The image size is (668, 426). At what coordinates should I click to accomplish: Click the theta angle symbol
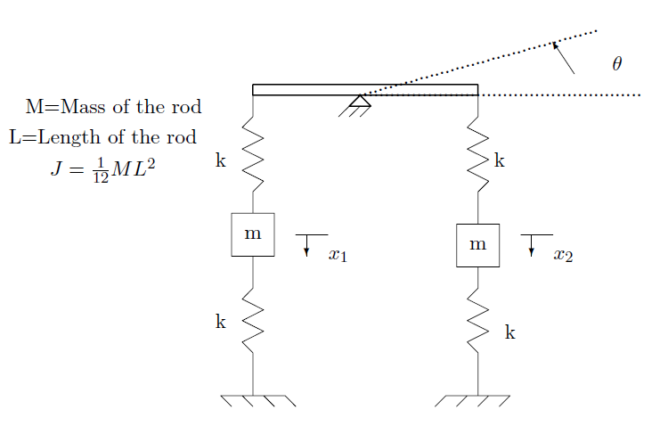tap(616, 64)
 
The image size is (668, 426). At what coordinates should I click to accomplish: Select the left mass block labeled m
tap(253, 234)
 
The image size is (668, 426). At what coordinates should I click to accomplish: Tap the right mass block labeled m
tap(477, 245)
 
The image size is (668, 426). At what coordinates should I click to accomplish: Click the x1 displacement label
tap(338, 256)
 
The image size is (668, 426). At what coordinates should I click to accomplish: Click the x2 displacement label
tap(563, 256)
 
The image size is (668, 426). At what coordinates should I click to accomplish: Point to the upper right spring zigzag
tap(478, 159)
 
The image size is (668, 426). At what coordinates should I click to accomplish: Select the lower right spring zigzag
tap(478, 325)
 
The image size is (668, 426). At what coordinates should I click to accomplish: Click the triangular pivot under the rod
tap(360, 102)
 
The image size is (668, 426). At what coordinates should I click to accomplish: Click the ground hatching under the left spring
tap(257, 400)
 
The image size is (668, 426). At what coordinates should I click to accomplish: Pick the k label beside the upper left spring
tap(221, 161)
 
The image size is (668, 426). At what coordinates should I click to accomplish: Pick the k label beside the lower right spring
tap(510, 332)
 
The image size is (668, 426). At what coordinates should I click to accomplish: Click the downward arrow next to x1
tap(306, 248)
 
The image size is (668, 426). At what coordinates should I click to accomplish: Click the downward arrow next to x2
tap(532, 248)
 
